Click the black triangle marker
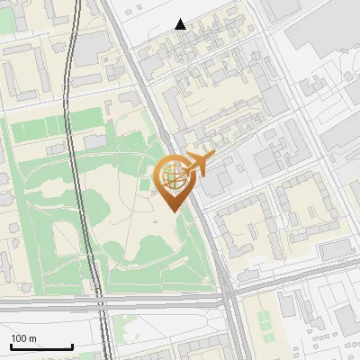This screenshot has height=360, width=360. pos(181,24)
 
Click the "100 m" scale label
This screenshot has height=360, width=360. pos(24,338)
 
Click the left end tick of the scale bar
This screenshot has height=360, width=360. pos(11,346)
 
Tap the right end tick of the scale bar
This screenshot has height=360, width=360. pos(72,346)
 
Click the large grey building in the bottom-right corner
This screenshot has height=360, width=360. pos(346,319)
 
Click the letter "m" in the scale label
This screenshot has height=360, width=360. pos(33,338)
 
